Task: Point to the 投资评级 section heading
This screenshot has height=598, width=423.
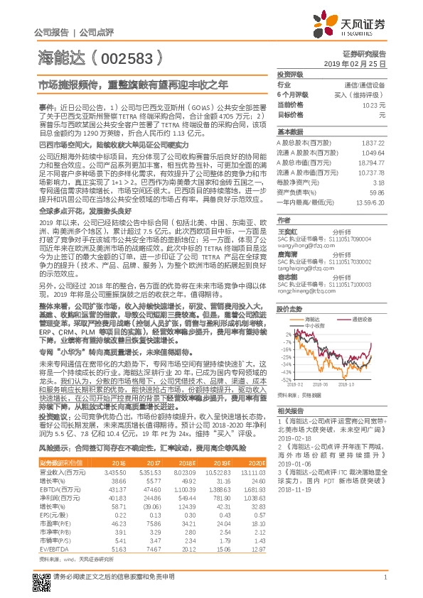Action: tap(290, 74)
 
